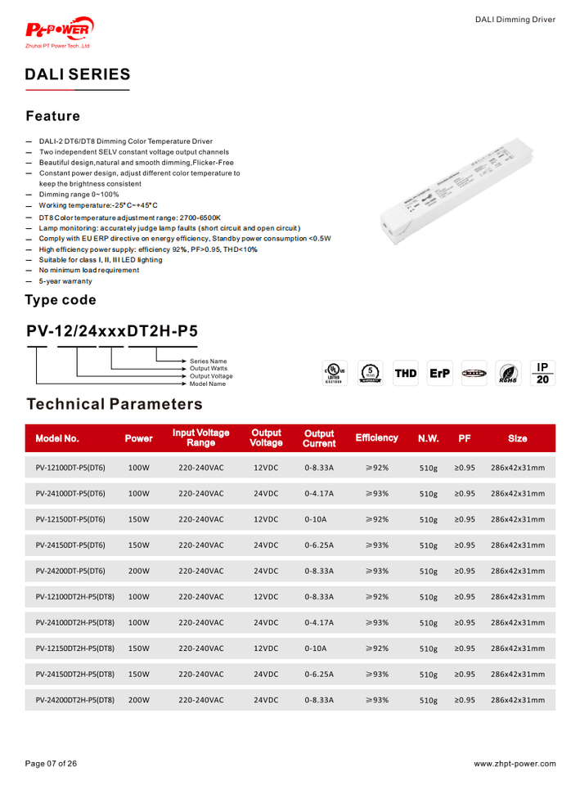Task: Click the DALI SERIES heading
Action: point(77,74)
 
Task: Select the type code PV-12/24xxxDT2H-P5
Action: point(111,331)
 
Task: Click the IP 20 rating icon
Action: point(542,373)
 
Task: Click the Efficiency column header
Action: point(376,438)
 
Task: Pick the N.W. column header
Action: point(429,438)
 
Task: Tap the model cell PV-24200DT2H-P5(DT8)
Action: point(75,701)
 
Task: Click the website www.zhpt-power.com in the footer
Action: point(515,764)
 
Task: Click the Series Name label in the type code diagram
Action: point(209,361)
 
